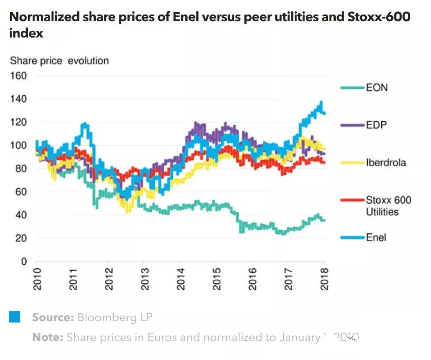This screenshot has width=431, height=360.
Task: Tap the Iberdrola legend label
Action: (386, 163)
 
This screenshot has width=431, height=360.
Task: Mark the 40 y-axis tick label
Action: (21, 215)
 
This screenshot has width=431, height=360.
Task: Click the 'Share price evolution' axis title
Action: (59, 60)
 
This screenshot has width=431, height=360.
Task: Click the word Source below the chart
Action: (52, 317)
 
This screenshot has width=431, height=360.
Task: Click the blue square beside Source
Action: (15, 317)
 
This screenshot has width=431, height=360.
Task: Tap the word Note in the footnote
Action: (48, 337)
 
